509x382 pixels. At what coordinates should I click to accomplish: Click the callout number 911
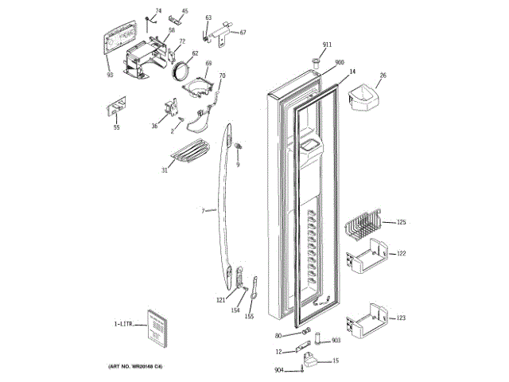click(x=326, y=44)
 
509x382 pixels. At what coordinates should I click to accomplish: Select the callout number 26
click(x=383, y=76)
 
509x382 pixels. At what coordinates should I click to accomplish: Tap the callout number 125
click(x=402, y=222)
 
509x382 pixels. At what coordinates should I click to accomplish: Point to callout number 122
click(x=402, y=253)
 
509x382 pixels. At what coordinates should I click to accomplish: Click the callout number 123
click(x=402, y=318)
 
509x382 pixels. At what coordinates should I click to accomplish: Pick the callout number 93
click(x=111, y=75)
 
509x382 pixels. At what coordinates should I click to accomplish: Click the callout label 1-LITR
click(x=125, y=324)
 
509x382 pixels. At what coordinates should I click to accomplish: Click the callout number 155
click(x=249, y=317)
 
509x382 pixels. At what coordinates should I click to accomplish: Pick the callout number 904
click(x=279, y=370)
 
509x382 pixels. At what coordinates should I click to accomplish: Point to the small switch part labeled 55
click(x=116, y=107)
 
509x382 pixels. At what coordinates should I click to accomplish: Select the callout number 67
click(x=243, y=33)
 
